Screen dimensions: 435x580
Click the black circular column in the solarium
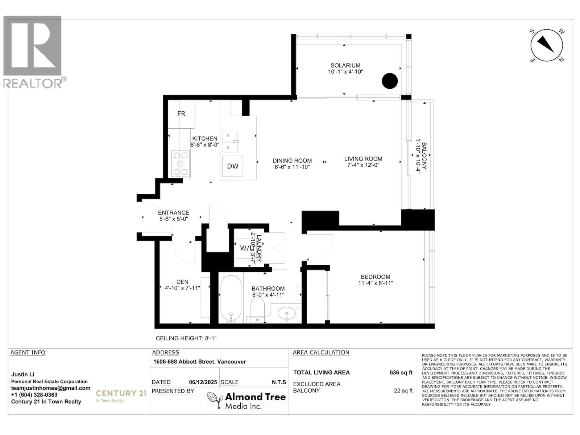pos(390,81)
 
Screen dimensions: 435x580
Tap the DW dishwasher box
pos(233,166)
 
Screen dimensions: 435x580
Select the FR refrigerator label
pos(181,114)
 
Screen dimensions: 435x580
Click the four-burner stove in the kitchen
pos(181,164)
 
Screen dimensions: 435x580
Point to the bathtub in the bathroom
pos(231,298)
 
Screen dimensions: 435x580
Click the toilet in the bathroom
pos(258,308)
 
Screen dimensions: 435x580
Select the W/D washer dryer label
pos(246,248)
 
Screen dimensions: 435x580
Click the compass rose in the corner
pos(547,46)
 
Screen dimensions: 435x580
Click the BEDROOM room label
pos(376,277)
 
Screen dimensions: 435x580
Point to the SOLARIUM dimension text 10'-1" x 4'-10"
pos(345,72)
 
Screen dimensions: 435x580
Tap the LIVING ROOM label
pos(363,159)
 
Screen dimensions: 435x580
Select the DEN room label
pos(182,282)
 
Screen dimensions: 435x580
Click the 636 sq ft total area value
pos(401,373)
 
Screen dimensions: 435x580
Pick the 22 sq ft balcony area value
pos(403,391)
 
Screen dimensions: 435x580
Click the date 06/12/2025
pos(203,382)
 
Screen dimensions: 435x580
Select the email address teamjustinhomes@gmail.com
pos(51,388)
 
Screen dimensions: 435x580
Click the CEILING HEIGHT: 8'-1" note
pos(186,338)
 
